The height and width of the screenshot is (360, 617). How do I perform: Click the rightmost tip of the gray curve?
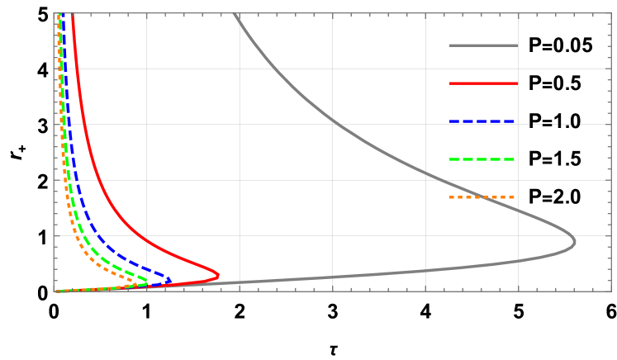pyautogui.click(x=575, y=242)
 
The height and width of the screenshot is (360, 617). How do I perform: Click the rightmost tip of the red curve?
pyautogui.click(x=219, y=275)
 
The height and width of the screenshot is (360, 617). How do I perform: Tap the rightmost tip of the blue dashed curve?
pyautogui.click(x=171, y=281)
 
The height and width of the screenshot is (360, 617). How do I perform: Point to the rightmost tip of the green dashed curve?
pyautogui.click(x=149, y=282)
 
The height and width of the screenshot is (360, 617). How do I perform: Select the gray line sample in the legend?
pyautogui.click(x=483, y=45)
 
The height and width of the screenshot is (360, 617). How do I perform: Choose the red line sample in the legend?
pyautogui.click(x=483, y=83)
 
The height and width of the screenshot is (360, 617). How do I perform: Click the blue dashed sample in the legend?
pyautogui.click(x=483, y=121)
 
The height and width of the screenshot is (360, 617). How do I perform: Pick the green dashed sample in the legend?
pyautogui.click(x=483, y=159)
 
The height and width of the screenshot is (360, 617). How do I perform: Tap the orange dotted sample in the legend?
pyautogui.click(x=483, y=197)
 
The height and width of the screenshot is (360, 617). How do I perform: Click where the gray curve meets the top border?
pyautogui.click(x=235, y=13)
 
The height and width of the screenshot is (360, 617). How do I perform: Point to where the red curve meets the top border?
pyautogui.click(x=73, y=13)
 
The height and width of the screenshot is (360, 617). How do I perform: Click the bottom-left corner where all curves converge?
pyautogui.click(x=55, y=291)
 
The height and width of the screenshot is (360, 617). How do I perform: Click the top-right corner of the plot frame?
pyautogui.click(x=611, y=13)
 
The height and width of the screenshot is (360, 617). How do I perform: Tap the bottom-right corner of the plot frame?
pyautogui.click(x=611, y=291)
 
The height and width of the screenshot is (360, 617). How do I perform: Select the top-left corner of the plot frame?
pyautogui.click(x=55, y=13)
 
